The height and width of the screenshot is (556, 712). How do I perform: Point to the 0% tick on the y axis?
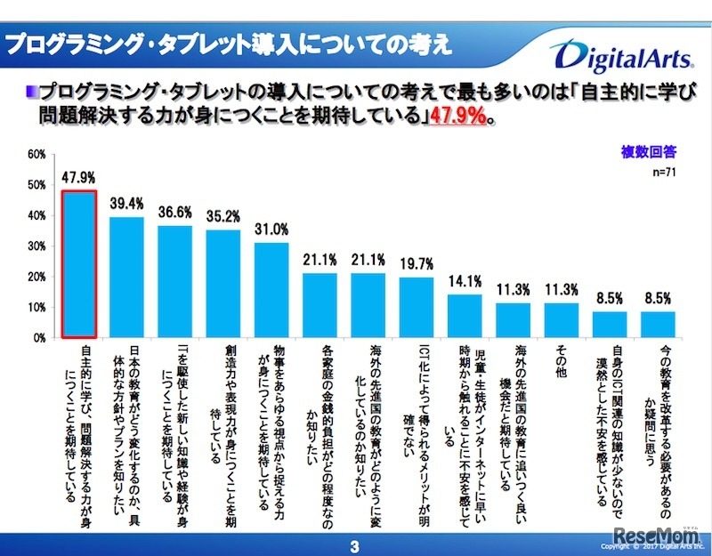[x=40, y=339]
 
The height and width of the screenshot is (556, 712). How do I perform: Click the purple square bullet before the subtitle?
[x=31, y=89]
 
